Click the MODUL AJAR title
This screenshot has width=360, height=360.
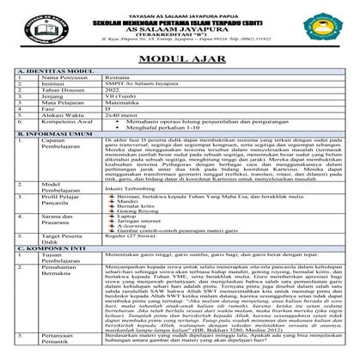tap(180, 57)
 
